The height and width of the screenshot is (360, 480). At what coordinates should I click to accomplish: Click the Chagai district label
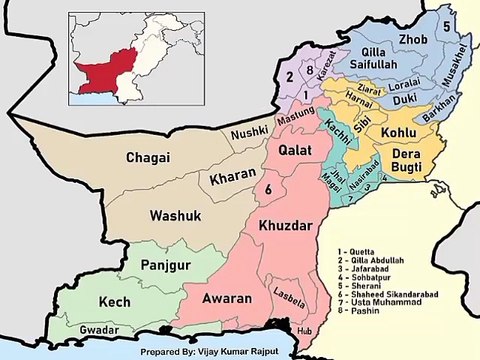[x=147, y=158]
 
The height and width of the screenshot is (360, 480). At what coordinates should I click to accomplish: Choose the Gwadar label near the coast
[x=99, y=328]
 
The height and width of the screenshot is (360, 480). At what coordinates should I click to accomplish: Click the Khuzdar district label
[x=288, y=226]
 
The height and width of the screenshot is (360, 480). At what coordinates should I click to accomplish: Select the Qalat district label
[x=295, y=149]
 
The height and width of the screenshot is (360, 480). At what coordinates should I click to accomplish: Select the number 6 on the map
[x=268, y=189]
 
